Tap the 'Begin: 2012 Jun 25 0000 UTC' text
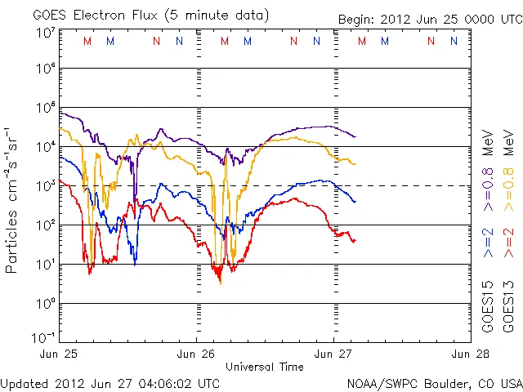pyautogui.click(x=430, y=20)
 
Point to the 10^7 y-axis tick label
pyautogui.click(x=45, y=33)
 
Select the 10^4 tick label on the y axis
pyautogui.click(x=45, y=147)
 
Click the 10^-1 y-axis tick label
pyautogui.click(x=45, y=336)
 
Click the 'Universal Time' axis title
pyautogui.click(x=265, y=367)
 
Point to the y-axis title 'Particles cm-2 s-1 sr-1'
pyautogui.click(x=13, y=200)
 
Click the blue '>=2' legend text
pyautogui.click(x=488, y=244)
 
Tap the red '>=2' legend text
pyautogui.click(x=509, y=244)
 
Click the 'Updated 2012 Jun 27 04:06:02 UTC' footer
pyautogui.click(x=110, y=383)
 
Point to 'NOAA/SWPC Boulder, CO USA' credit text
pyautogui.click(x=434, y=383)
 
